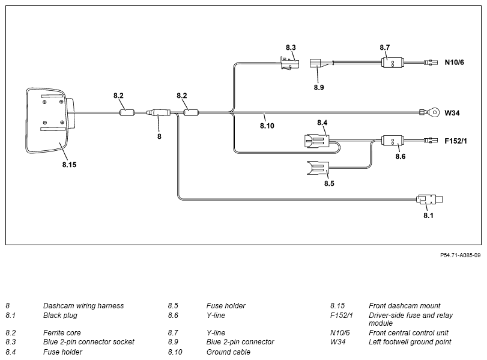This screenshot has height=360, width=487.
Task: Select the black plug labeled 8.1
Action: pyautogui.click(x=429, y=200)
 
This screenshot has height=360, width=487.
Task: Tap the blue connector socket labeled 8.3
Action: pyautogui.click(x=289, y=63)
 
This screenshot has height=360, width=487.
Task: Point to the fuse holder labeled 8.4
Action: pyautogui.click(x=316, y=141)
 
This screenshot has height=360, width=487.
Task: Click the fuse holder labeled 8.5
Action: pyautogui.click(x=318, y=168)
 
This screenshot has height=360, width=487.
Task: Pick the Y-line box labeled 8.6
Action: pyautogui.click(x=393, y=141)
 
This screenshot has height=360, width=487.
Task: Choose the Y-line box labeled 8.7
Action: pyautogui.click(x=392, y=63)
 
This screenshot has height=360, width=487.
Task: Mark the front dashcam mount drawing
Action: pyautogui.click(x=50, y=121)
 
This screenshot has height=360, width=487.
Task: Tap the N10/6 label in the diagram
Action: pyautogui.click(x=454, y=63)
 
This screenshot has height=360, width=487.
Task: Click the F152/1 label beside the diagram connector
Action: pyautogui.click(x=456, y=141)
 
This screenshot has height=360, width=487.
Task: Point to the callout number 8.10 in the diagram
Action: pyautogui.click(x=267, y=126)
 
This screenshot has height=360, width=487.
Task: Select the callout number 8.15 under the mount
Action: pyautogui.click(x=69, y=165)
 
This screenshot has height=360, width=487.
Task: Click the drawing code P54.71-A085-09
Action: pyautogui.click(x=461, y=255)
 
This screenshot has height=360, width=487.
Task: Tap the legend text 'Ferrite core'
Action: pyautogui.click(x=62, y=332)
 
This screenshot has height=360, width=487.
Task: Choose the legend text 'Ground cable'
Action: pyautogui.click(x=228, y=352)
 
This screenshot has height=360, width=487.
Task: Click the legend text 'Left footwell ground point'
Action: pyautogui.click(x=410, y=342)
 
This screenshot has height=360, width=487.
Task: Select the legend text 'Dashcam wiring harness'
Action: pyautogui.click(x=83, y=305)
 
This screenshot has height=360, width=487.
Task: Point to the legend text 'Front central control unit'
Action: pyautogui.click(x=408, y=332)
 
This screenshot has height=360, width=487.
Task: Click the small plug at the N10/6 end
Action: pyautogui.click(x=431, y=63)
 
